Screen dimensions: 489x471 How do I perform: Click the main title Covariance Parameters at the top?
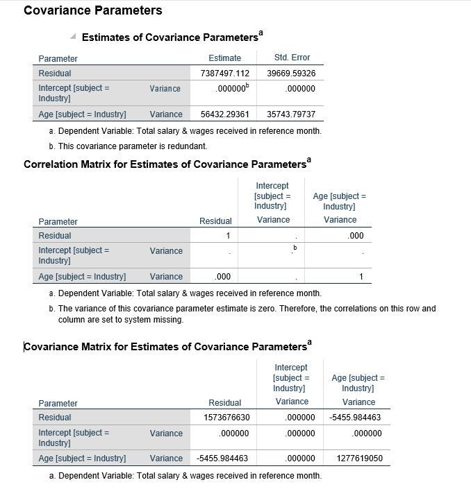93,10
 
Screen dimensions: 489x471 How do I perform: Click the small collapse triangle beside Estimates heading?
73,36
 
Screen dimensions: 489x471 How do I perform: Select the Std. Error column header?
292,58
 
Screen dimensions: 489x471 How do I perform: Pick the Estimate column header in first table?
224,58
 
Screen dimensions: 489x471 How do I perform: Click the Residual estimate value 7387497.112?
224,74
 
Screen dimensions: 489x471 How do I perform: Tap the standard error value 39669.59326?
291,74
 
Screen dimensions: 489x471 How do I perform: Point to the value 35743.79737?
291,114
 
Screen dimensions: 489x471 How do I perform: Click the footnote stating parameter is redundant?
133,146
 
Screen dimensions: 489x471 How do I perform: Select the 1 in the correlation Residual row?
227,236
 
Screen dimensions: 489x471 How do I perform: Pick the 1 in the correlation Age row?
361,277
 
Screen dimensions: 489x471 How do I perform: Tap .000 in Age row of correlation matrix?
223,277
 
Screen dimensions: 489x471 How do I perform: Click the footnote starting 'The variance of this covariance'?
247,309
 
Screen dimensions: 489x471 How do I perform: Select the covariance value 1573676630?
226,418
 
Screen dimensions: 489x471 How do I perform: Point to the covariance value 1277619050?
359,458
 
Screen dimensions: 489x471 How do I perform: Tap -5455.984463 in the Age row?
222,458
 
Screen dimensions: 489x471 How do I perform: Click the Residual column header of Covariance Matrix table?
224,403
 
